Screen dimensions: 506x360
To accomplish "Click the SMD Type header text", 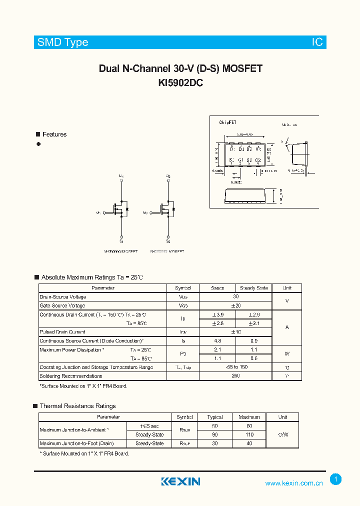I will click(62, 42).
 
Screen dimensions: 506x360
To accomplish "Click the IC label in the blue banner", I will click(317, 42).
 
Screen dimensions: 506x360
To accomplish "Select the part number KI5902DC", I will click(180, 83).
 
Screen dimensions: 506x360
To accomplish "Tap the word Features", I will click(54, 134).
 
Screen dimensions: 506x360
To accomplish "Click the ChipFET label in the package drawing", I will click(228, 122).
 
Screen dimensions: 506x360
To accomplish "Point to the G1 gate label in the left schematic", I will click(98, 213).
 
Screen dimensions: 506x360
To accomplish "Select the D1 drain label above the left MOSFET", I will click(121, 176).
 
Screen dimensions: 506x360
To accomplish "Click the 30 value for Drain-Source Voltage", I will click(235, 296).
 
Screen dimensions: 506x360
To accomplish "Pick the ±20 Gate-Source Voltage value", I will click(235, 305).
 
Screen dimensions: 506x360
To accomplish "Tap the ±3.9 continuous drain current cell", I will click(217, 314).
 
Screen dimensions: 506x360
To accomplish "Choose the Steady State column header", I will click(254, 288).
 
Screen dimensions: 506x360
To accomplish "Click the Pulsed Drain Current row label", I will click(62, 332).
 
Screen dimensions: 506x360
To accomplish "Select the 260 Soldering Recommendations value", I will click(235, 376).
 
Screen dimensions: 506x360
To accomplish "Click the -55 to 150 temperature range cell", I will click(235, 367).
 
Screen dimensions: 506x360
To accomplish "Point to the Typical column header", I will click(215, 417).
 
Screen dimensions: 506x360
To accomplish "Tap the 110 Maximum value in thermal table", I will click(249, 434).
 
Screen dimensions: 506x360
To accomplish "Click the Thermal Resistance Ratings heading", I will click(77, 406).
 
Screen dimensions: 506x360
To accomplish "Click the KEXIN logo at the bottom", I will click(180, 481).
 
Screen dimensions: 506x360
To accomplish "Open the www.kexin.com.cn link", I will click(294, 483).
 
